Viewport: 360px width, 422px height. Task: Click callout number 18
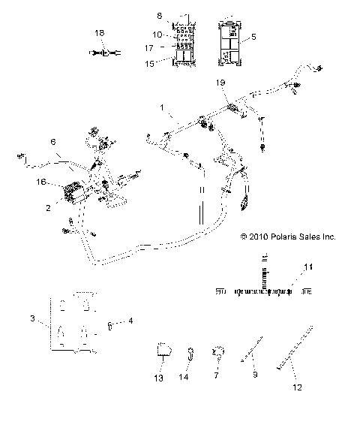coord(100,34)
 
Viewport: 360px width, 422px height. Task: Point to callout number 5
coord(253,35)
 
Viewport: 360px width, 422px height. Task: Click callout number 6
coord(52,141)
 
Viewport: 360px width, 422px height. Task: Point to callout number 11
coord(305,267)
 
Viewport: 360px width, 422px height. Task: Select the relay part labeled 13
coord(163,349)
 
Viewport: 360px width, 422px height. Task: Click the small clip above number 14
coord(192,349)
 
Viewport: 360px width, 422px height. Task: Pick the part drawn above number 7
coord(218,349)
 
